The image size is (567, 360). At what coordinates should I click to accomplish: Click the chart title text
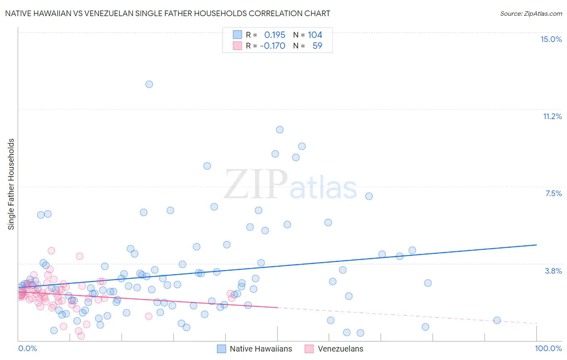[167, 13]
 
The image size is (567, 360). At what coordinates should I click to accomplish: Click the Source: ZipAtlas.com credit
[531, 13]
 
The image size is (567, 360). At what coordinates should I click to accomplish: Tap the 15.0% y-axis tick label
[551, 39]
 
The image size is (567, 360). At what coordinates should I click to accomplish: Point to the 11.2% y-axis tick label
[552, 116]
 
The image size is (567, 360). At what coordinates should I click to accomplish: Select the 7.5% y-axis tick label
[553, 193]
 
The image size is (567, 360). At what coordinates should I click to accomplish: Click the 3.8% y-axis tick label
[553, 271]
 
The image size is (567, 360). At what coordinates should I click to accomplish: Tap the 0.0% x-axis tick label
[27, 348]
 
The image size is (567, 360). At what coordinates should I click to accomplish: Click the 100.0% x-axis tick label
[548, 348]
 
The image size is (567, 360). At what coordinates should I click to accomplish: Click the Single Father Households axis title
[11, 184]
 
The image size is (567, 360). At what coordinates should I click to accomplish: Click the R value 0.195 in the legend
[275, 35]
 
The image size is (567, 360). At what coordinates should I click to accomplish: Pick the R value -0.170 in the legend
[273, 46]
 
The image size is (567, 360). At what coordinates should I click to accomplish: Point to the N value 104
[315, 35]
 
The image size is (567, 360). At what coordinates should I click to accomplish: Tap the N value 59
[317, 46]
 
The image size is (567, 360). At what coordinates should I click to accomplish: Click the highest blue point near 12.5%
[149, 84]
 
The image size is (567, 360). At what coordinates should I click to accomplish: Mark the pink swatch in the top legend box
[238, 46]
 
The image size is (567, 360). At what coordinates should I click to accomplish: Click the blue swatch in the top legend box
[238, 35]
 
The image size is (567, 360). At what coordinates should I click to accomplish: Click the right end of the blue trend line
[536, 245]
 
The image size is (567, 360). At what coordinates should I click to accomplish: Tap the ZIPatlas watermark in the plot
[290, 185]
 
